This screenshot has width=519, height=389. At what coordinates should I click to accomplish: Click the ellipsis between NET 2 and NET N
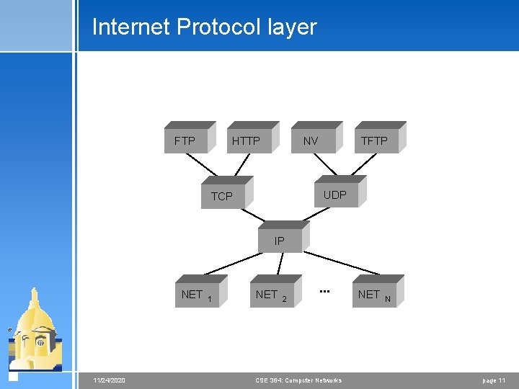click(324, 291)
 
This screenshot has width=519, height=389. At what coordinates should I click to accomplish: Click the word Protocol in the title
click(217, 27)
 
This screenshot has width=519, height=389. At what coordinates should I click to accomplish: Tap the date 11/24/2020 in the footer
click(110, 380)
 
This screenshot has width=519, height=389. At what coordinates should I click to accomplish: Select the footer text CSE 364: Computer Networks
click(298, 380)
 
